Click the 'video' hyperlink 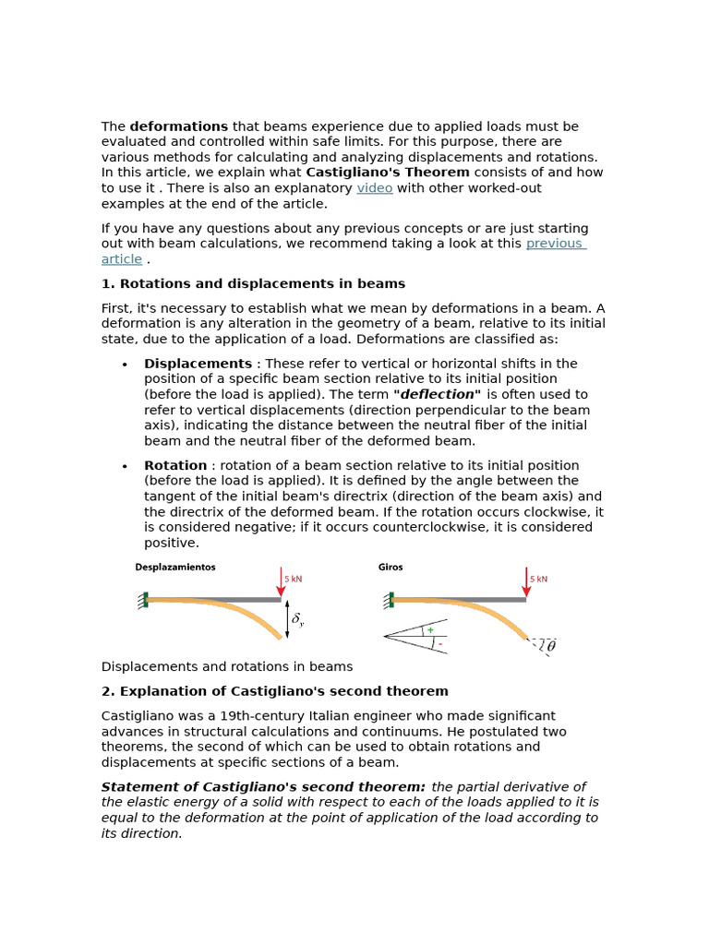coord(375,188)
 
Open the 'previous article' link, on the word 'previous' coord(554,244)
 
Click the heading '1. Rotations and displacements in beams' coord(253,284)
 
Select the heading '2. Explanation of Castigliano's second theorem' coord(274,691)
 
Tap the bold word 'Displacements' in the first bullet coord(198,364)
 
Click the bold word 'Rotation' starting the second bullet coord(175,466)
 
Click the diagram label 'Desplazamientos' coord(175,568)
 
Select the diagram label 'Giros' coord(391,568)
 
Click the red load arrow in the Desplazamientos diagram coord(281,582)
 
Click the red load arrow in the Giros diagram coord(526,582)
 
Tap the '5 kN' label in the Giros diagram coord(538,579)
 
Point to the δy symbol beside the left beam coord(297,620)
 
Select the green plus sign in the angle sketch coord(430,630)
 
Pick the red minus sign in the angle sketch coord(439,643)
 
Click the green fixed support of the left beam coord(146,600)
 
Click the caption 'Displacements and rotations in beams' coord(226,666)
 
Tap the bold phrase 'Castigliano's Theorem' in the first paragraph coord(388,173)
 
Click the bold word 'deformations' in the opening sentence coord(179,126)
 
